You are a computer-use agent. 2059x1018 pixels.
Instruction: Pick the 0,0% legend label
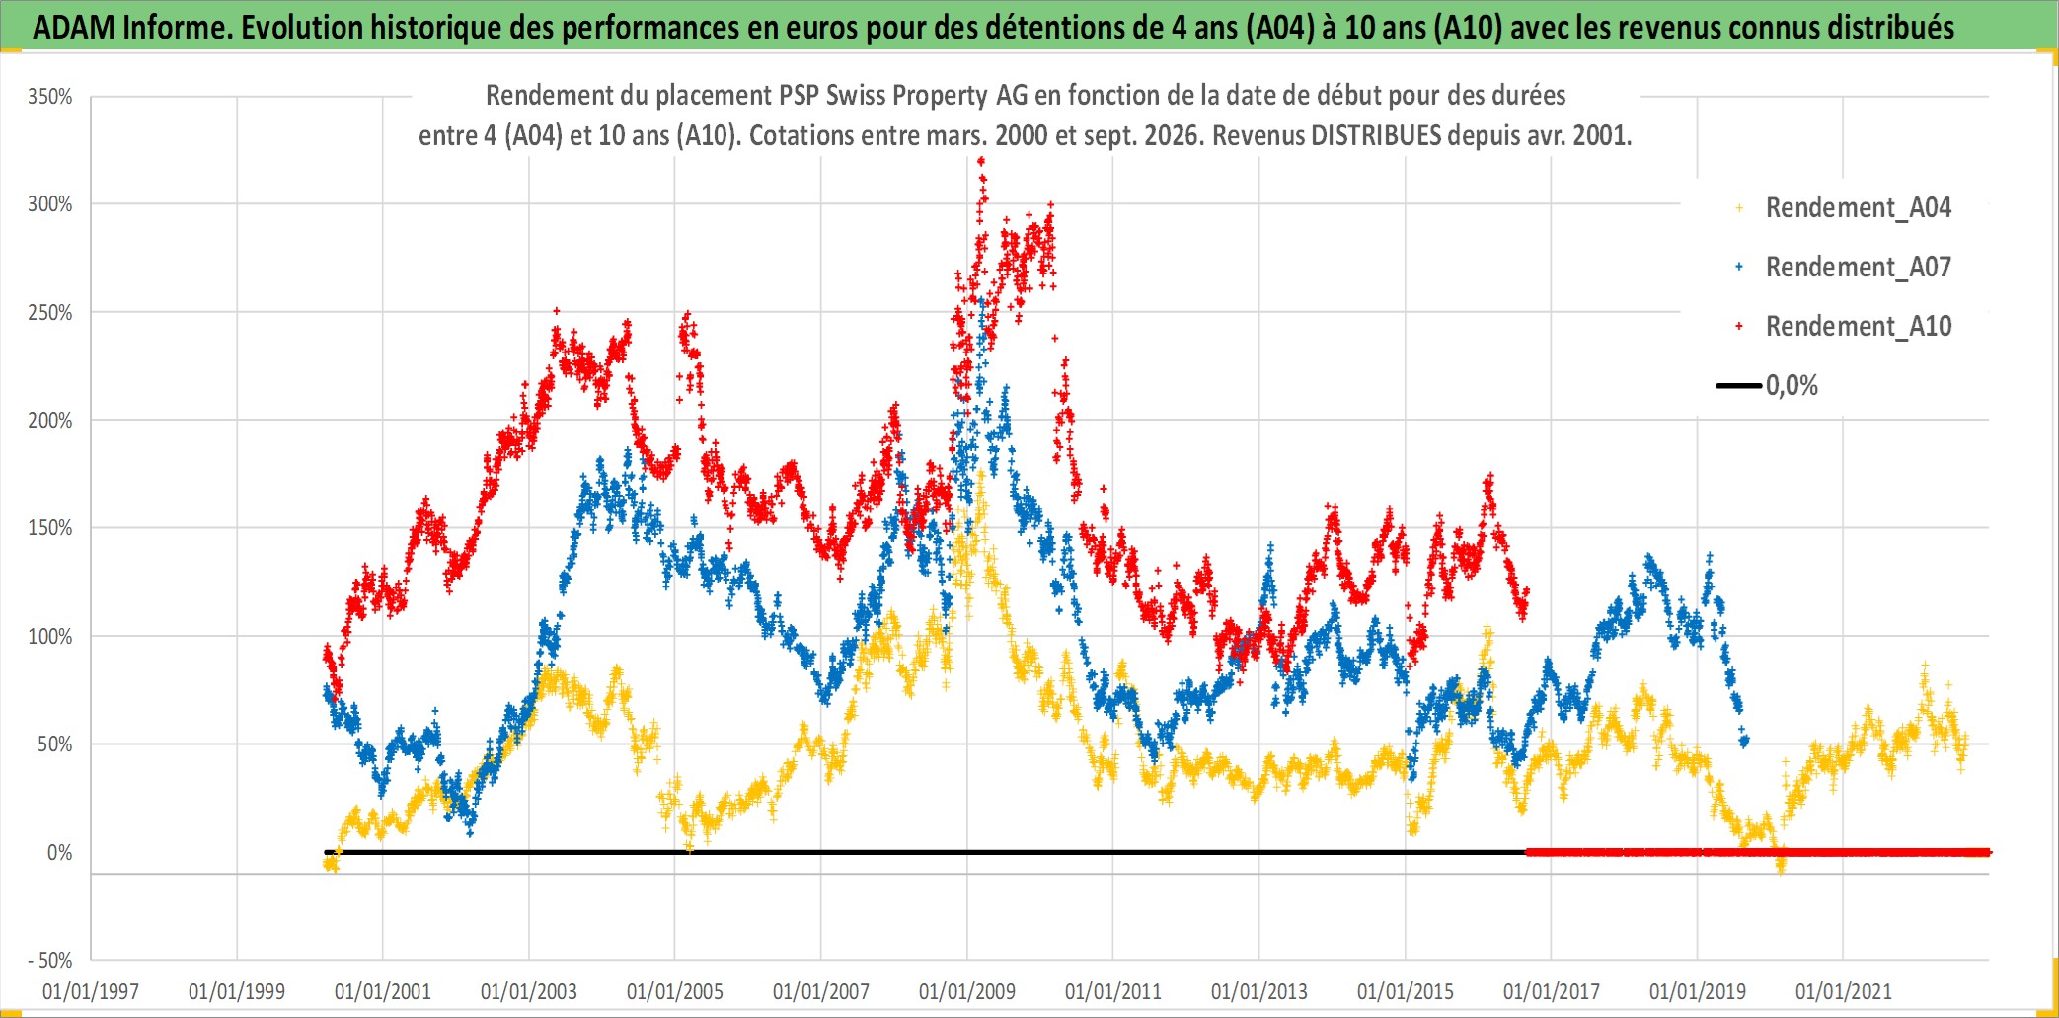[x=1792, y=386]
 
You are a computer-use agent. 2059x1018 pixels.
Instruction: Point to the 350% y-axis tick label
[x=50, y=97]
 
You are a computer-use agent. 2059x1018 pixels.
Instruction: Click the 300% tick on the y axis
[x=50, y=204]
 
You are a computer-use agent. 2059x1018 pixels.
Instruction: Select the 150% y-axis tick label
[x=50, y=528]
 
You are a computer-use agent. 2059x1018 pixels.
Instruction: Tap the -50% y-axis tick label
[x=49, y=960]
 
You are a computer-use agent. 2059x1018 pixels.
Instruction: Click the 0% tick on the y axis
[x=59, y=853]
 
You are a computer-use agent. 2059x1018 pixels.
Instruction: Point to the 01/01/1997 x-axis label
[x=91, y=991]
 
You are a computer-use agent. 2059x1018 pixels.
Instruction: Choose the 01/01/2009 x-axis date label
[x=967, y=991]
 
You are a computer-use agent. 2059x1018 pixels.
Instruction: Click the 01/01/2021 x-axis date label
[x=1844, y=991]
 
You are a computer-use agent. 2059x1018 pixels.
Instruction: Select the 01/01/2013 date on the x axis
[x=1259, y=991]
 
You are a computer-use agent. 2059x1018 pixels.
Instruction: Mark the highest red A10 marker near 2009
[x=980, y=161]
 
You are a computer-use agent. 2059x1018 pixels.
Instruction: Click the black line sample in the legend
[x=1739, y=386]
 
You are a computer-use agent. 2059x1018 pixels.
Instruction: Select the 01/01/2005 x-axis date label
[x=675, y=991]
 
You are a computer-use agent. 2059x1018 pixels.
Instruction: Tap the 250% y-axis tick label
[x=50, y=313]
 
